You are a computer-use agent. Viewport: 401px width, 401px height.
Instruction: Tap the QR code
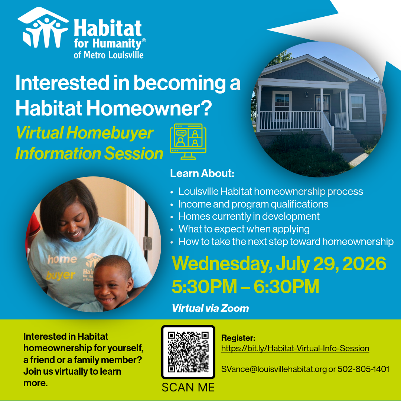click(x=188, y=352)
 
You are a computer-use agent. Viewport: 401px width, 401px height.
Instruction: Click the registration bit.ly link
click(x=295, y=348)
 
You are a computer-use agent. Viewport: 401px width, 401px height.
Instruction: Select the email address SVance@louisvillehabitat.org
click(x=274, y=369)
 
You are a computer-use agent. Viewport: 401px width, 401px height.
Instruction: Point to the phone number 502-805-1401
click(x=363, y=369)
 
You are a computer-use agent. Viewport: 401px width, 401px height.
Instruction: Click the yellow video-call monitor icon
click(x=188, y=141)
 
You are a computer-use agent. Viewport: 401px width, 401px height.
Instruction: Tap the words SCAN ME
click(x=188, y=387)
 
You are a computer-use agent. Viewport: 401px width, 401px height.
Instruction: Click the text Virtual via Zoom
click(x=210, y=309)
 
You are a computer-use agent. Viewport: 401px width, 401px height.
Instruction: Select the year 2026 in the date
click(x=364, y=263)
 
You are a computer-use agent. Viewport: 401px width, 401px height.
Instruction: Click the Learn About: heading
click(x=202, y=173)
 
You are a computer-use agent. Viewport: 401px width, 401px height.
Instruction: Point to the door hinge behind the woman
click(x=147, y=243)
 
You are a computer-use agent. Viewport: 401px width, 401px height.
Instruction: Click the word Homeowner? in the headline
click(x=149, y=108)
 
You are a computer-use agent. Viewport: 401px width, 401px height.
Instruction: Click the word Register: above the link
click(x=238, y=338)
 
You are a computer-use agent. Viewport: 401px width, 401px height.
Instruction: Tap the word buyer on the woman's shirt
click(x=61, y=275)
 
